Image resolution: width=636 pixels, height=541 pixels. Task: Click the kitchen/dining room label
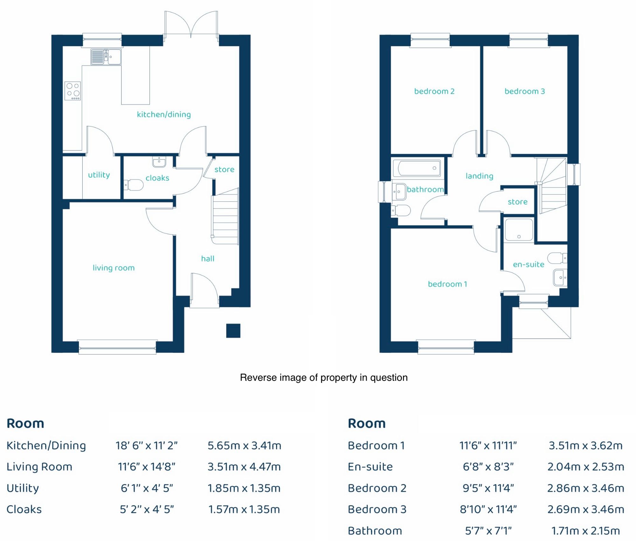click(164, 114)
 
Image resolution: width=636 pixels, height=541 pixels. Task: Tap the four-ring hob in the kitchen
click(73, 91)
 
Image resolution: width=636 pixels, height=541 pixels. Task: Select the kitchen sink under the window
click(106, 57)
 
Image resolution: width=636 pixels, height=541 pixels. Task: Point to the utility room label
click(99, 175)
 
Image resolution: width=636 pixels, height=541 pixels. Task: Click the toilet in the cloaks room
click(134, 185)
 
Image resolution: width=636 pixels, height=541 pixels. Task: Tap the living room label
click(114, 268)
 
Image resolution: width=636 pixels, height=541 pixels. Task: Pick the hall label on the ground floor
click(208, 259)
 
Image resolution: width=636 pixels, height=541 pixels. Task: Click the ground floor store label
click(224, 170)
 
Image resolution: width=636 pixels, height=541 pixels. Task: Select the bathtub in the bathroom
click(417, 168)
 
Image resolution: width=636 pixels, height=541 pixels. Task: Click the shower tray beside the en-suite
click(519, 229)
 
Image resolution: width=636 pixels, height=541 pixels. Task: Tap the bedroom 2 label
click(434, 91)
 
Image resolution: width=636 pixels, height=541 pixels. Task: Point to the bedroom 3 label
click(525, 91)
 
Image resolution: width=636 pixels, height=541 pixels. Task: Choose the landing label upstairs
click(479, 176)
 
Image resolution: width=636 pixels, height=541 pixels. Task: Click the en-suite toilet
click(557, 258)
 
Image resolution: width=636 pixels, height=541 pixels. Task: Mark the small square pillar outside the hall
click(233, 330)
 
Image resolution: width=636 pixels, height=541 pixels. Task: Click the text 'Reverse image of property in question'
click(324, 378)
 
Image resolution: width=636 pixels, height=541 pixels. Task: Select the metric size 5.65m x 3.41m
click(244, 446)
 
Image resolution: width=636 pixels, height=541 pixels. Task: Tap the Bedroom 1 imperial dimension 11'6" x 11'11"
click(488, 446)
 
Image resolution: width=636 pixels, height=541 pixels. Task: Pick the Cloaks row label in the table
click(24, 509)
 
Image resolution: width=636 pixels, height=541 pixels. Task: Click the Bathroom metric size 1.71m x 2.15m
click(585, 531)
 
